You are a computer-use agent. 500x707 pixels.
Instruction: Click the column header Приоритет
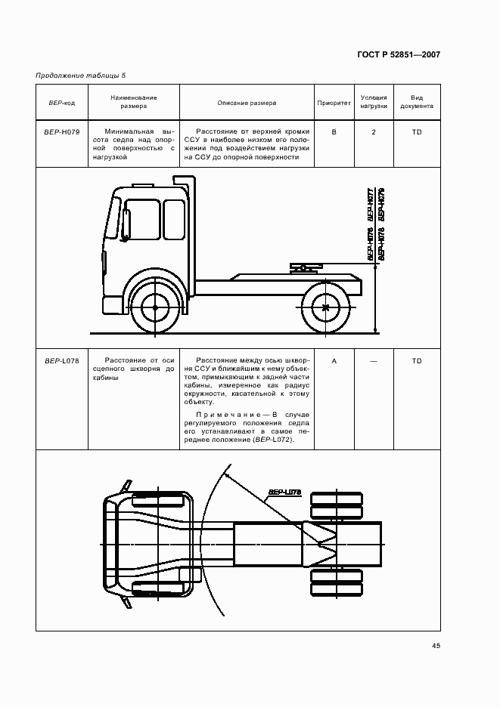coord(334,102)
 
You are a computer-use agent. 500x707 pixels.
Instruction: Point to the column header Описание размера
coord(247,102)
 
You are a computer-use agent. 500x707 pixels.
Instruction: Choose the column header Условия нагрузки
coord(374,102)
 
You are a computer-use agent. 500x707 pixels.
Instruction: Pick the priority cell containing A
coord(334,360)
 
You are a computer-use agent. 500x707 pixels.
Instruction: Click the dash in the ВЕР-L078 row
coord(374,360)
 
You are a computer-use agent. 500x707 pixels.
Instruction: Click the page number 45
coord(436,645)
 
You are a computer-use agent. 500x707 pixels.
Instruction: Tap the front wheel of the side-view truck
coord(155,307)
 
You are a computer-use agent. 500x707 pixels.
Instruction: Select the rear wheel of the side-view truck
coord(326,307)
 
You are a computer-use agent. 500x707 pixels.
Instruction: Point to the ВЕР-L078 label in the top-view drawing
coord(284,492)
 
